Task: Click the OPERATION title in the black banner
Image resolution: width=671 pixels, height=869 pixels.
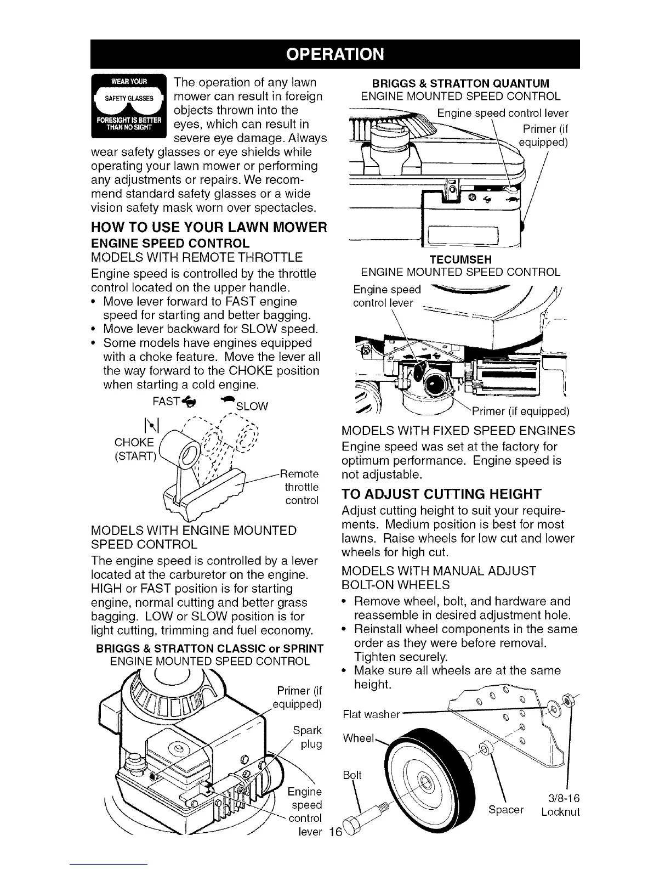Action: (335, 54)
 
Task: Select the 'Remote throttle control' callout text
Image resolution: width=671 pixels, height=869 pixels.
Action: (301, 487)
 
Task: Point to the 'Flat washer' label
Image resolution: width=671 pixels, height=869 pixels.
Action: (371, 714)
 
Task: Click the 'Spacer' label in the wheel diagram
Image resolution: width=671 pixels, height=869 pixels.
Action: (505, 810)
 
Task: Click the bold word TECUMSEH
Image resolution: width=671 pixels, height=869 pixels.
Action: (460, 258)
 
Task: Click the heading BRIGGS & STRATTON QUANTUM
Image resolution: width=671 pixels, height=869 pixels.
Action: (460, 83)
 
